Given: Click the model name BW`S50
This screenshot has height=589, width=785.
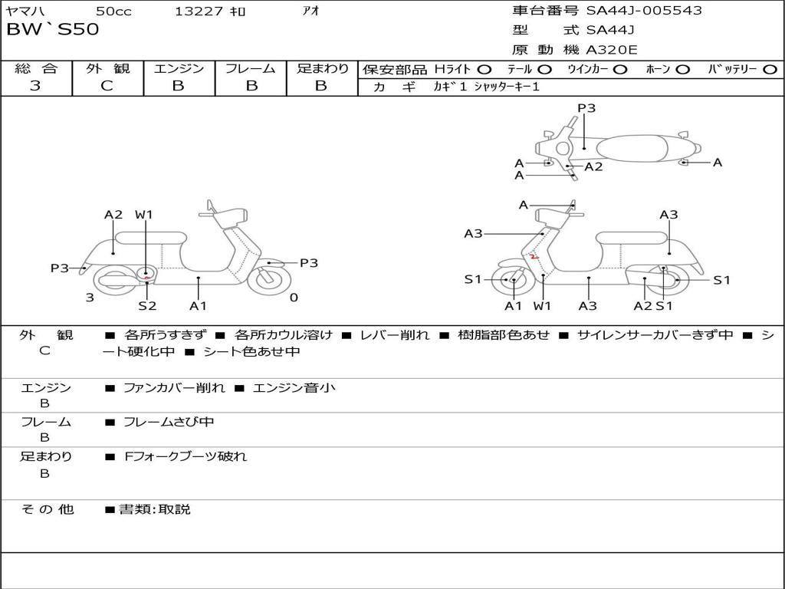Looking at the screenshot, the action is pos(53,30).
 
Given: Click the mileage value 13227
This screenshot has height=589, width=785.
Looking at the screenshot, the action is pos(199,12).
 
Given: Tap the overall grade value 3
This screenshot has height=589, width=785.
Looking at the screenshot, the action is pos(35,86).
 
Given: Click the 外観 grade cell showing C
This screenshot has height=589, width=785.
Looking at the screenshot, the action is pos(107,86).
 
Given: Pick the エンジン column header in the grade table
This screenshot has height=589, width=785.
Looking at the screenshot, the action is pos(179,68).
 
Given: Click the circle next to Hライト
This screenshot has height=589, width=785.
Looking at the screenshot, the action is pos(484,69).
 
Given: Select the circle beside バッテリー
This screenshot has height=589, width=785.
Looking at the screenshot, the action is pos(770,69).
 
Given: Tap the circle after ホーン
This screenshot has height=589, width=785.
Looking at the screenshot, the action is pos(682,69).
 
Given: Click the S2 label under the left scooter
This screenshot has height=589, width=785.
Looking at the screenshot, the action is pos(147,305).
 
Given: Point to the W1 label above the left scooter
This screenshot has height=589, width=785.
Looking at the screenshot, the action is pos(144,215).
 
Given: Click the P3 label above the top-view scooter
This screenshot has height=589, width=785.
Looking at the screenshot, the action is pos(586,108).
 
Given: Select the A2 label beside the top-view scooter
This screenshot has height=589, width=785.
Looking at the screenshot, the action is pos(593,166).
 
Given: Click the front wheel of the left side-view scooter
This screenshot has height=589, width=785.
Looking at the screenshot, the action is pos(265,277).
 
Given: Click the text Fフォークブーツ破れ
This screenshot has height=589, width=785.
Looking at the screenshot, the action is pos(186,456).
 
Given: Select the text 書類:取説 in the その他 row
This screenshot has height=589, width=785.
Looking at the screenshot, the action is pos(154,509).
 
